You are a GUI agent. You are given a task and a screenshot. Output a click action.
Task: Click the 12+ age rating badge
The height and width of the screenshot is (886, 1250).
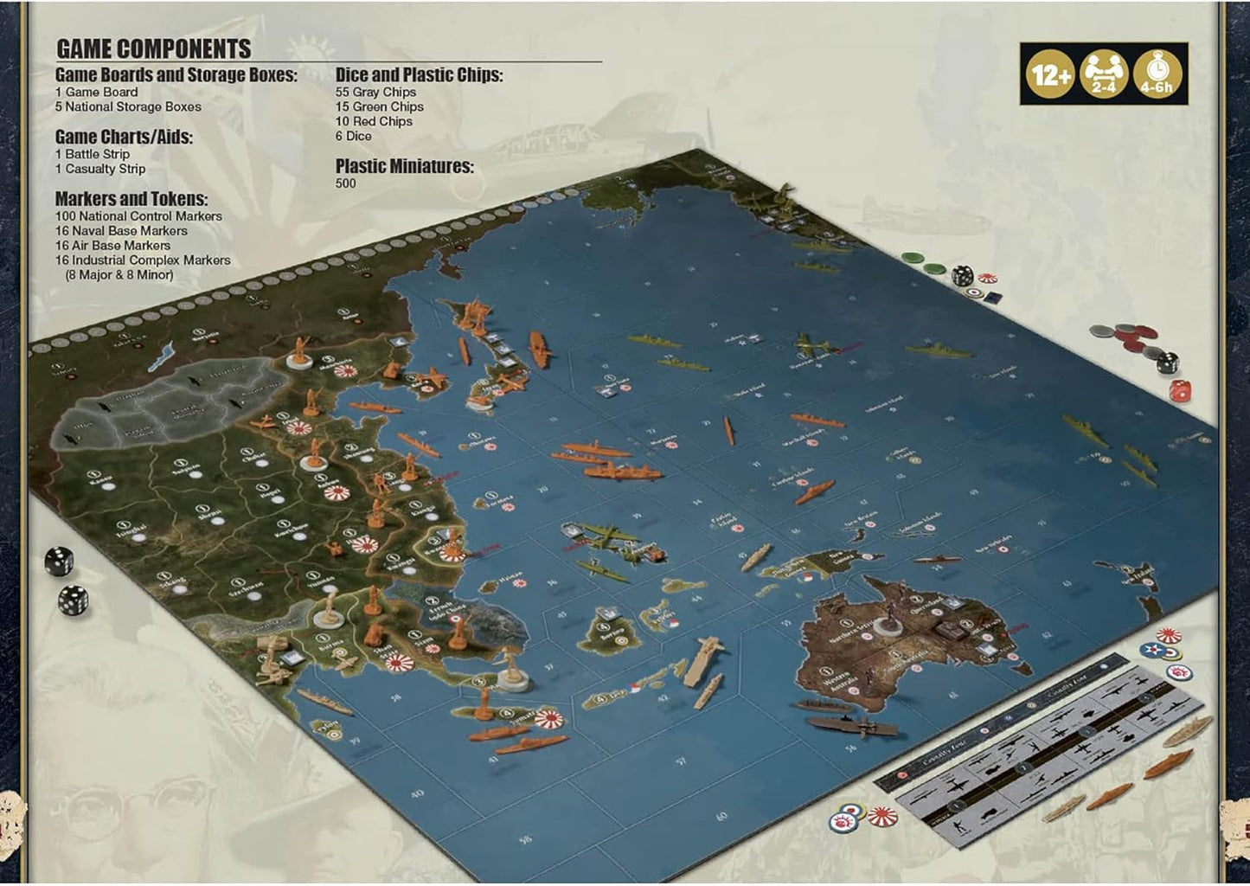1050,74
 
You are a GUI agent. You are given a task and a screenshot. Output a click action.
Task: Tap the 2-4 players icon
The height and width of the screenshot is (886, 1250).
1103,74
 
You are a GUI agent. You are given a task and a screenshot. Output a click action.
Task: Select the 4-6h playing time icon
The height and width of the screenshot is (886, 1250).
1157,74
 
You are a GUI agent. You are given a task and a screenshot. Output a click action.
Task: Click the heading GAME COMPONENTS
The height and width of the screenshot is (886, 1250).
153,48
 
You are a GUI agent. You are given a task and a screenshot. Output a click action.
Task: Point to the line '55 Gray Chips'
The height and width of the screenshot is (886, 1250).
375,92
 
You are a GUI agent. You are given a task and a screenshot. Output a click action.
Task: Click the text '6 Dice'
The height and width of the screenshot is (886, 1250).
353,136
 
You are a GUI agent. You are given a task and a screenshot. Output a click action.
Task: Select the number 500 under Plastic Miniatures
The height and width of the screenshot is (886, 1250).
345,183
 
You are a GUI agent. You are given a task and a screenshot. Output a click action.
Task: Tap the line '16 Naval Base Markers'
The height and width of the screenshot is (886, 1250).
121,231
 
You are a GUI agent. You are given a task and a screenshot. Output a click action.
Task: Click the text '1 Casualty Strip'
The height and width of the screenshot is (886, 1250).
100,169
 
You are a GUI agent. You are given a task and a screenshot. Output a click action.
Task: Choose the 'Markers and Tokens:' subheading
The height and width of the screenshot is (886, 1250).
131,199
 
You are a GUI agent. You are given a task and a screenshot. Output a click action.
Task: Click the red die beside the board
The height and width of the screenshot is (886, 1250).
1179,391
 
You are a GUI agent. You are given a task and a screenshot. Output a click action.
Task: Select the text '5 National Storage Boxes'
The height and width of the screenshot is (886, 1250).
128,106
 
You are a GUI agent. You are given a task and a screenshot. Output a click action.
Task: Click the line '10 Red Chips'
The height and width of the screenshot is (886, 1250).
374,121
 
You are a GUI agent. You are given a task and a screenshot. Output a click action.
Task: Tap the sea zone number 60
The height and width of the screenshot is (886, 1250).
721,816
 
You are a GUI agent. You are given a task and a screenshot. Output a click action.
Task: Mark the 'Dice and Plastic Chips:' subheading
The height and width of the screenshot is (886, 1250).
419,75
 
